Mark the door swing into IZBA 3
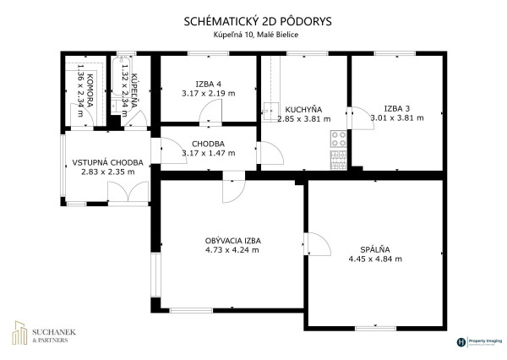click(358, 117)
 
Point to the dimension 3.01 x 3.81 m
click(395, 119)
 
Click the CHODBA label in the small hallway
click(208, 142)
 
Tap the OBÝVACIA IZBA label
click(233, 240)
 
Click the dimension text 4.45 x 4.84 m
click(374, 259)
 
